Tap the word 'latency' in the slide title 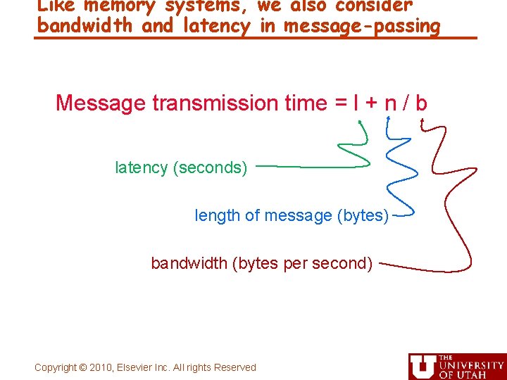[215, 27]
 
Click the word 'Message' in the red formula [101, 103]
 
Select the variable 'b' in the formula [421, 103]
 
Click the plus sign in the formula [372, 104]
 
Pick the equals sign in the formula [341, 104]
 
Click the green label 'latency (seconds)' [181, 168]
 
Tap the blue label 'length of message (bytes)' [292, 216]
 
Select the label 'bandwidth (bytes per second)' [262, 264]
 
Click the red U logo [422, 367]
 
